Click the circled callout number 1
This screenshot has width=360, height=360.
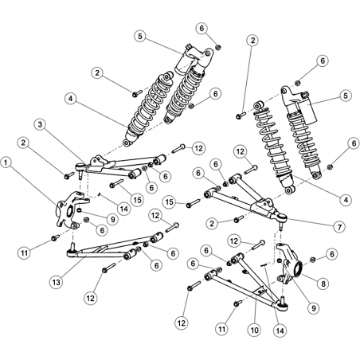point(8,162)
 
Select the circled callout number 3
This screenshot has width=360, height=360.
point(40,124)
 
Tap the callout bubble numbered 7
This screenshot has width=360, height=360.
point(341,226)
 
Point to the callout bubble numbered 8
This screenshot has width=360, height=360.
point(323,284)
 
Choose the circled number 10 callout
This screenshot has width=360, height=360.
point(255,330)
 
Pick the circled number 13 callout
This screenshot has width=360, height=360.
point(57,282)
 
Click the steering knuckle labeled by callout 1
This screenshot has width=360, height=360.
point(70,209)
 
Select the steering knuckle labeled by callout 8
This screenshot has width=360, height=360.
point(288,264)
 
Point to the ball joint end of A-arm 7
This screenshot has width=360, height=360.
point(281,217)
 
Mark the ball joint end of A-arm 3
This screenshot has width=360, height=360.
point(80,166)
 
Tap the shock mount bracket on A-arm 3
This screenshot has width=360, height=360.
point(96,162)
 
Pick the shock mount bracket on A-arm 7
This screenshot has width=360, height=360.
point(262,205)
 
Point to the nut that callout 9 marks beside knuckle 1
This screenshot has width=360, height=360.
point(79,211)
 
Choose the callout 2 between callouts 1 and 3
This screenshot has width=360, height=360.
point(24,143)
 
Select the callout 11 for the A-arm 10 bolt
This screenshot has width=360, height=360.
point(221,329)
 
